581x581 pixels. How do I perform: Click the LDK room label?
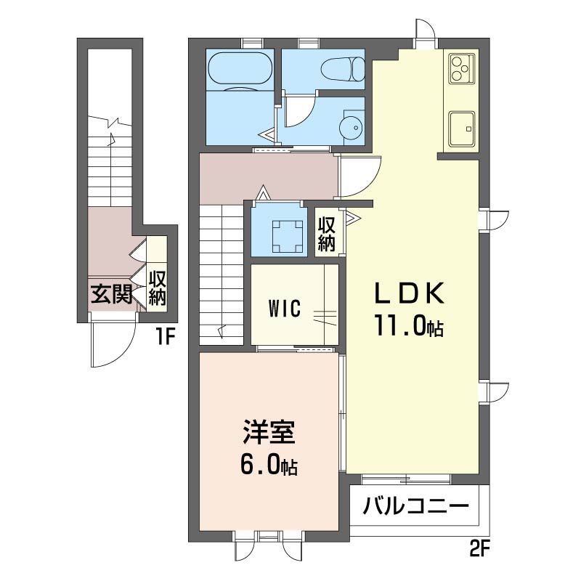click(x=409, y=293)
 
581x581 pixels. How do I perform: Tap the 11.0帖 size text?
click(x=409, y=325)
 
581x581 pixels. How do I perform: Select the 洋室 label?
click(x=269, y=432)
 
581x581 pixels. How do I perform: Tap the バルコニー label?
click(x=415, y=506)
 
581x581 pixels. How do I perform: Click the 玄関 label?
click(x=112, y=295)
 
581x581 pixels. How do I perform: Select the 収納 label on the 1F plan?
click(x=157, y=288)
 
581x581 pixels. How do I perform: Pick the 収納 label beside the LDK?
click(x=326, y=234)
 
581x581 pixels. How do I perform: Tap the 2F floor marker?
click(x=480, y=548)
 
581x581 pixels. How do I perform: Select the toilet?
click(x=343, y=69)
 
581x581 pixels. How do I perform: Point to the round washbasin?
click(x=352, y=128)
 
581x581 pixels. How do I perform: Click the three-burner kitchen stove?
click(x=462, y=68)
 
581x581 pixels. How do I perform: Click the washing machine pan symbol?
click(x=288, y=236)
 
